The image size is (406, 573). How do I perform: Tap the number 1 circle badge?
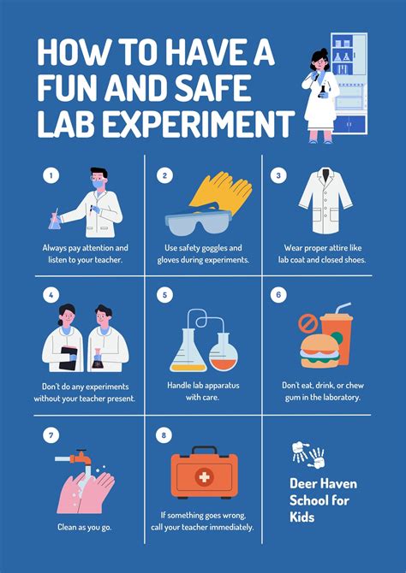51,175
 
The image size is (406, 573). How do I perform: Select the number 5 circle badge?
165,296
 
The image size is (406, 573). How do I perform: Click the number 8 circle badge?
165,436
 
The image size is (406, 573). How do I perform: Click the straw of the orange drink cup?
342,307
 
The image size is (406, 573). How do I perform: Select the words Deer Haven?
323,484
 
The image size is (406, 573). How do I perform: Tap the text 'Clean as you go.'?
84,527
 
